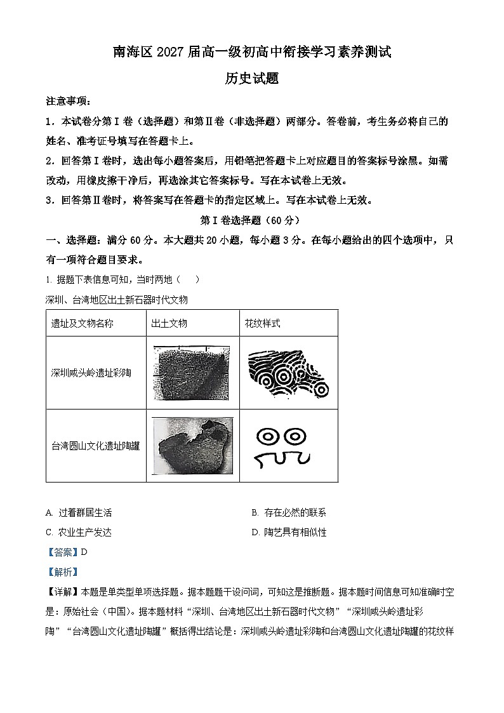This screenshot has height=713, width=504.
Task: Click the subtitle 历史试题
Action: (x=252, y=79)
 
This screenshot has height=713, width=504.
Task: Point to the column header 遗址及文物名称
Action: (x=82, y=323)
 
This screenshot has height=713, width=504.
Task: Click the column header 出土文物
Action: (x=169, y=323)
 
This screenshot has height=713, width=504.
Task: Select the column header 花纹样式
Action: (x=262, y=323)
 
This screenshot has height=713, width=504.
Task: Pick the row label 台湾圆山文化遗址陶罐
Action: (x=95, y=446)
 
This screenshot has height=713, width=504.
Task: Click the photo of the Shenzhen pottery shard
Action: (x=191, y=373)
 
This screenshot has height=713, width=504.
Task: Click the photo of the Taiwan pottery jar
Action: (x=192, y=446)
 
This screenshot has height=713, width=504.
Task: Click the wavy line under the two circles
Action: (x=281, y=458)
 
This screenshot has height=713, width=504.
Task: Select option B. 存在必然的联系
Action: (x=289, y=513)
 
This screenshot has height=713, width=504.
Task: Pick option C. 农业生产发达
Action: (x=79, y=533)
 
